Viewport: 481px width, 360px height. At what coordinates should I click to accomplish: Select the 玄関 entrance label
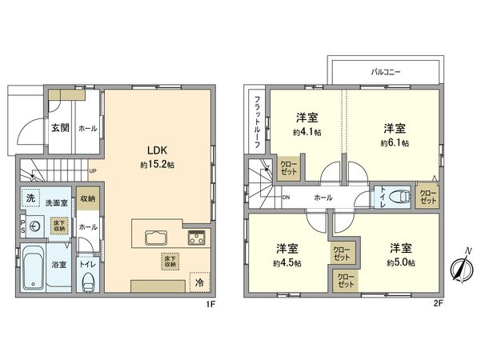coord(60,127)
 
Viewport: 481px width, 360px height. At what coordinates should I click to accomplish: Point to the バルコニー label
coord(385,71)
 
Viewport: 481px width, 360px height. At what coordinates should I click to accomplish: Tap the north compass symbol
coord(457,267)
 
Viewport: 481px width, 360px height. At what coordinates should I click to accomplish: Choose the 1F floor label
coord(212,305)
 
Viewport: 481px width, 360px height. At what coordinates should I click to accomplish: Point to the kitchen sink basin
coord(155,237)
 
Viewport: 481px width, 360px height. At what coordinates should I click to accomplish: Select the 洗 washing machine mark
coord(30,198)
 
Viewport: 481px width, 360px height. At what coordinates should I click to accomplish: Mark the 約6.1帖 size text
coord(394,143)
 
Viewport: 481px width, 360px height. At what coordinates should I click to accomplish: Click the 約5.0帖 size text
coord(402,262)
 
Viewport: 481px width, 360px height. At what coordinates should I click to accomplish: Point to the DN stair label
coord(286,197)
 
